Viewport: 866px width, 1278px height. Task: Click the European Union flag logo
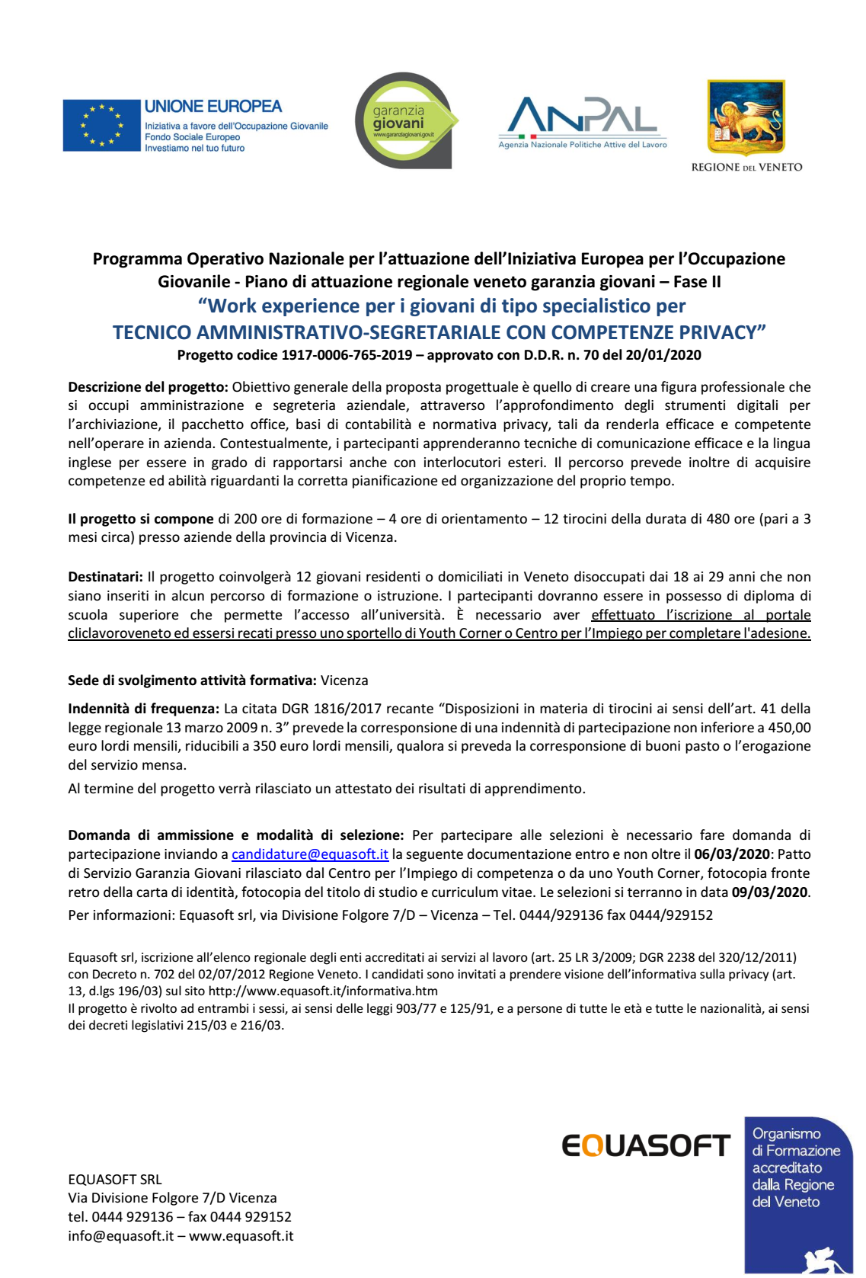(x=102, y=125)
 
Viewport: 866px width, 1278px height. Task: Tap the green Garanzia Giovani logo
(x=404, y=120)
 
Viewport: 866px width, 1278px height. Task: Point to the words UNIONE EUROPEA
(x=213, y=107)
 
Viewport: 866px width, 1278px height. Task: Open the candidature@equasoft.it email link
(x=310, y=854)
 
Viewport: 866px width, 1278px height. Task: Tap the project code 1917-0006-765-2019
(x=347, y=355)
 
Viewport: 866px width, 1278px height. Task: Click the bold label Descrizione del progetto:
(x=148, y=387)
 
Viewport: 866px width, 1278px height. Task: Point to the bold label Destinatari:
(x=105, y=577)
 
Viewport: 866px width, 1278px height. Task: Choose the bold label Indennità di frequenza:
(x=143, y=709)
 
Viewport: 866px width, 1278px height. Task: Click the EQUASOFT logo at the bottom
(x=646, y=1145)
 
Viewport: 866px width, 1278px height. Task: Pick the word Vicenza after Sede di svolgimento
(x=344, y=681)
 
